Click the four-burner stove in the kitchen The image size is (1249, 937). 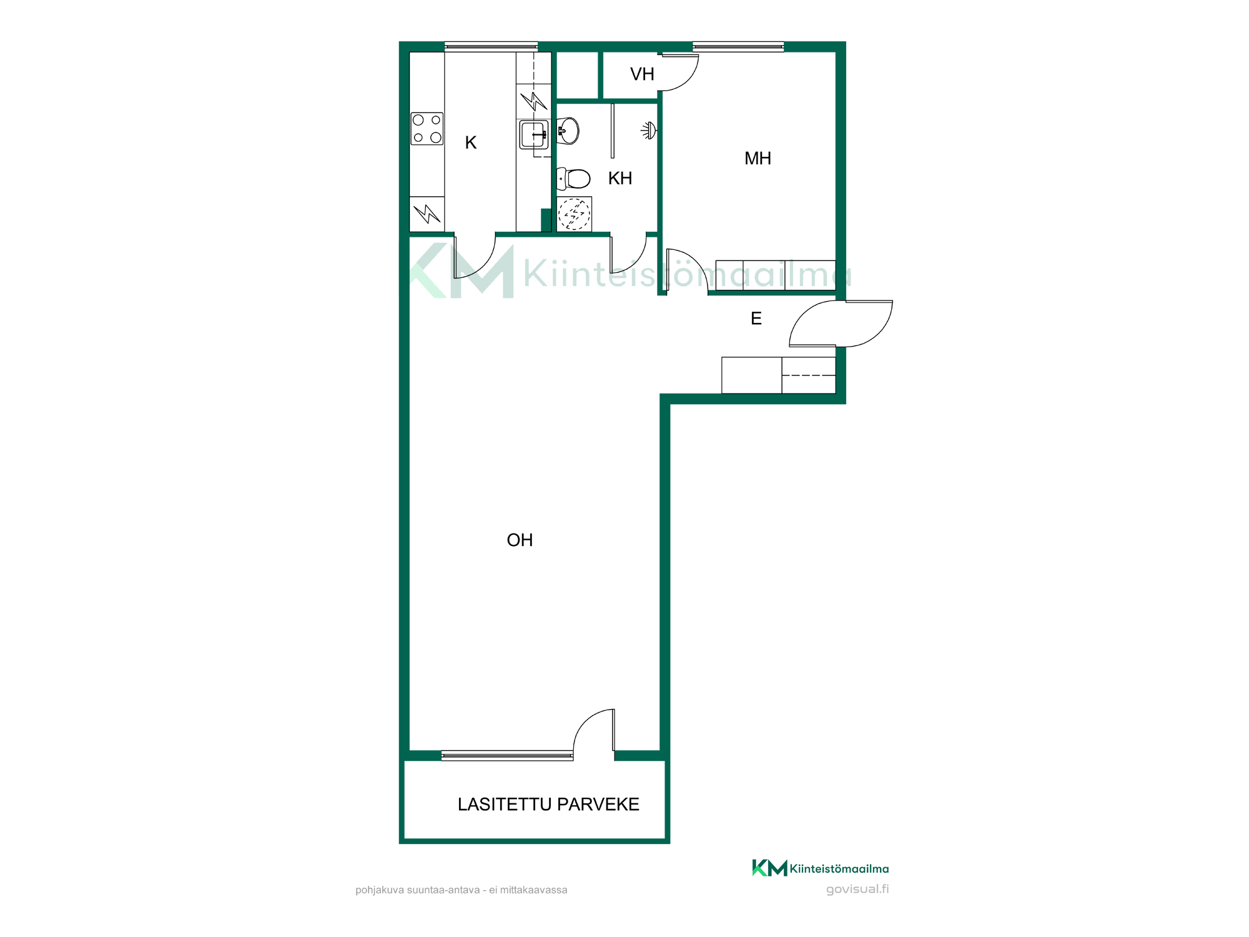coord(427,129)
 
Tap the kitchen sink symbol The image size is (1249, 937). coord(534,134)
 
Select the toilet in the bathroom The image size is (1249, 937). coord(573,179)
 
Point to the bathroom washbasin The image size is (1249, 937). coord(568,131)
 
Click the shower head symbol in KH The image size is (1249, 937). coord(649,131)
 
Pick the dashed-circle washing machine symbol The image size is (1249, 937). coord(574,214)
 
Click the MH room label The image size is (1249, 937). coord(758,159)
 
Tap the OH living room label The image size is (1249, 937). coord(520,540)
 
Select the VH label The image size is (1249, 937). coord(642,74)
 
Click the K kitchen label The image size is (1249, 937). coord(471,143)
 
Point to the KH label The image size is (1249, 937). coord(620,179)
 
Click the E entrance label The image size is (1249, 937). coord(756,319)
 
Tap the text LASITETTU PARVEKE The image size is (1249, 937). coord(548,805)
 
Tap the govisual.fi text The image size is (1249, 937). coord(857,889)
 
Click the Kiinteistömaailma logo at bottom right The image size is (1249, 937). coord(820,868)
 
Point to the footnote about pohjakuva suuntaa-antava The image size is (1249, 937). coord(461,890)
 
